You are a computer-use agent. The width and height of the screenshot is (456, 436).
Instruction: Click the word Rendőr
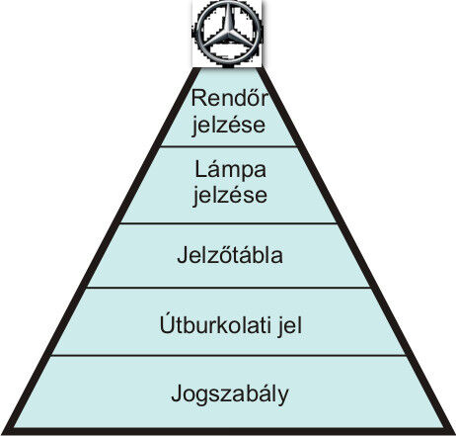click(x=230, y=98)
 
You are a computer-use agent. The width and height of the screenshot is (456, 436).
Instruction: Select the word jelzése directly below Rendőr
click(x=229, y=126)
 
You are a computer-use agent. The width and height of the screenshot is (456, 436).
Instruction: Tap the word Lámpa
click(x=230, y=171)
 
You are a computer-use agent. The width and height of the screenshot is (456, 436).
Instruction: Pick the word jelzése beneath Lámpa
click(x=230, y=196)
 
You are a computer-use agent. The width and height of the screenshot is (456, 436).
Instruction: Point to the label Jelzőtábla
click(x=230, y=255)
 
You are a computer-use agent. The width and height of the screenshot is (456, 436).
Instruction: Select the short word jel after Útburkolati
click(x=290, y=326)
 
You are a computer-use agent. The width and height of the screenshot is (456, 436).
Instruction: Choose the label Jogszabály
click(x=230, y=394)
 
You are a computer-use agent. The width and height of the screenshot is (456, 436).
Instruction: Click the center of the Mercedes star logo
click(x=227, y=34)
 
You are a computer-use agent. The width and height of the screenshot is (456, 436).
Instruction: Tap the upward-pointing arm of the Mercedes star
click(x=228, y=19)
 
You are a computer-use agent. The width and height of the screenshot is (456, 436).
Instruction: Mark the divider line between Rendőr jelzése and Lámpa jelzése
click(x=228, y=146)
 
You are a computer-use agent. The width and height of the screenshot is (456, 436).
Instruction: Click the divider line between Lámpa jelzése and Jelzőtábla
click(x=229, y=223)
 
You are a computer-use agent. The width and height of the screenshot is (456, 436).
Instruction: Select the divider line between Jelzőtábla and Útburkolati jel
click(x=229, y=288)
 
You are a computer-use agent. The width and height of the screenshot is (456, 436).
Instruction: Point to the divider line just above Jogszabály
click(x=228, y=356)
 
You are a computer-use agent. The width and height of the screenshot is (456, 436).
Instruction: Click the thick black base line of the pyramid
click(x=228, y=431)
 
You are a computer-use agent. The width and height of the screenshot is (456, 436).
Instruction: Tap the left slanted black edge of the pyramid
click(x=101, y=248)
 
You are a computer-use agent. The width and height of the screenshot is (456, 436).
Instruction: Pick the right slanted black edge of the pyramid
click(x=357, y=248)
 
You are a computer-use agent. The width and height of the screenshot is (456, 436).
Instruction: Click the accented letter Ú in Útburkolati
click(x=166, y=323)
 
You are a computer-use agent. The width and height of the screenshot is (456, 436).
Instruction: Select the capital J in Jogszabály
click(x=177, y=392)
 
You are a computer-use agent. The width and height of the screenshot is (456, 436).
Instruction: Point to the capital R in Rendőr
click(x=198, y=98)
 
